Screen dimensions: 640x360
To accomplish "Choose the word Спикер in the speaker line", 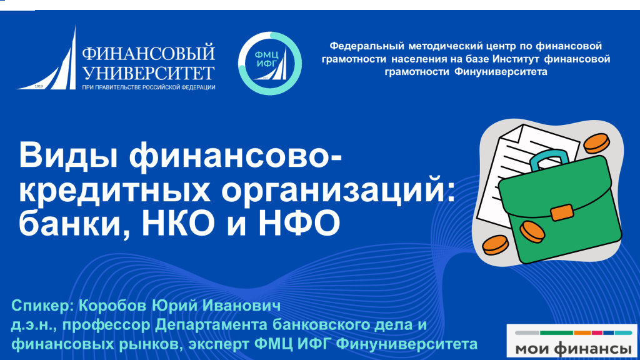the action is tap(42, 306).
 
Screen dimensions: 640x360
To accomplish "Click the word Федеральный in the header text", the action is tap(367, 46).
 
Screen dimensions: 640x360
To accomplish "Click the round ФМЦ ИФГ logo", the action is tap(270, 63).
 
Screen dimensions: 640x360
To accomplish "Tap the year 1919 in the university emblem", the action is tap(39, 86).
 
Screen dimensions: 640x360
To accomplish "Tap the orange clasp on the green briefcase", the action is tap(562, 212).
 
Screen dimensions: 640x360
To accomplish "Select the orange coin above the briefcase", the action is tap(597, 143).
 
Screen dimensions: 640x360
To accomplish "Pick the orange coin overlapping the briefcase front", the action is tap(532, 231).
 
